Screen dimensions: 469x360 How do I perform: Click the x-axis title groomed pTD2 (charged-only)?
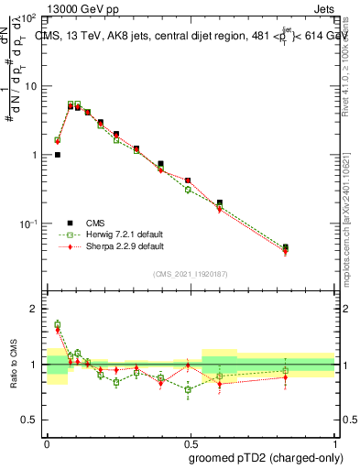click(x=265, y=457)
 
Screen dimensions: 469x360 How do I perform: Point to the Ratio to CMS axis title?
click(x=15, y=364)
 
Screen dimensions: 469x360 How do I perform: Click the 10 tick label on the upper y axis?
click(x=29, y=86)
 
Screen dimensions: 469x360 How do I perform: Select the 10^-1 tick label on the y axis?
click(x=27, y=224)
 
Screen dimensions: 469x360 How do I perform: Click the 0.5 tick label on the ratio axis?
click(x=29, y=420)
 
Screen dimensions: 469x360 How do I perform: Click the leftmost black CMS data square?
click(x=57, y=155)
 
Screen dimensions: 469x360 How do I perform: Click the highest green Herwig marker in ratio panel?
click(x=57, y=324)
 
